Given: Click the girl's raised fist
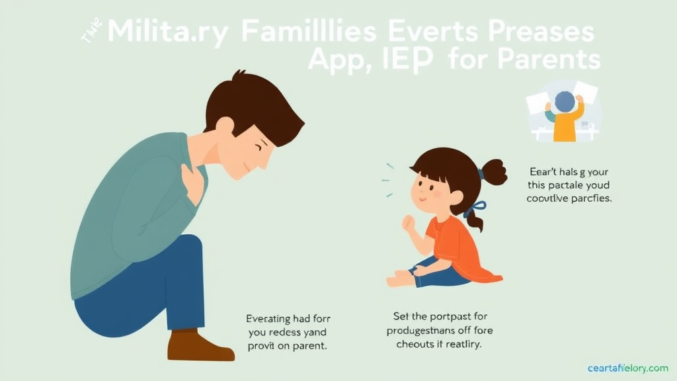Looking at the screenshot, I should (409, 224).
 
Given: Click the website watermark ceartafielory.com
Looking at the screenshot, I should (627, 368).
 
